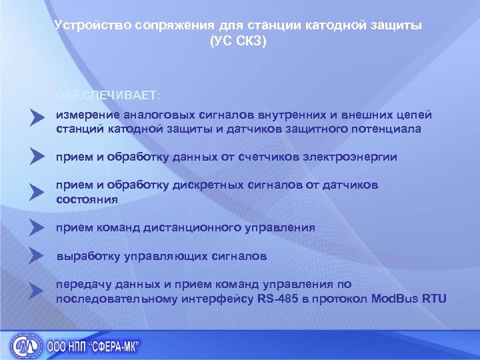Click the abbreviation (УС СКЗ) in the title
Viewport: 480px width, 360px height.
(x=237, y=41)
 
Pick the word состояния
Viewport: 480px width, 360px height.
(x=87, y=199)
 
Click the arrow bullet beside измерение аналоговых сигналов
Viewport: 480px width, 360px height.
(x=37, y=119)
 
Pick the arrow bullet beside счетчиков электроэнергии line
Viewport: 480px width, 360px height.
(x=37, y=156)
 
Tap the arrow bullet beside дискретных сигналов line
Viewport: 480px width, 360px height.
(x=37, y=192)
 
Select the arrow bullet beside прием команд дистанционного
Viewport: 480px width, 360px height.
(x=37, y=227)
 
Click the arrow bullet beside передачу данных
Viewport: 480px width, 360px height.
(x=37, y=289)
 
